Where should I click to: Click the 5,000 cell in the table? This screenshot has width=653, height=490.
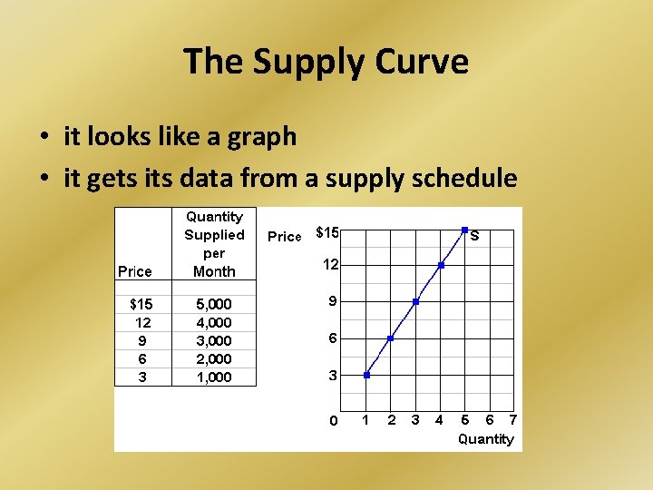tap(214, 304)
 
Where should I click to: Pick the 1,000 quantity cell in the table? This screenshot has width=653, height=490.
tap(214, 377)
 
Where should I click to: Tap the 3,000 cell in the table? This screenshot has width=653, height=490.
tap(214, 341)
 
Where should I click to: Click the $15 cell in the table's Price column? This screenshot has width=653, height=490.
tap(141, 304)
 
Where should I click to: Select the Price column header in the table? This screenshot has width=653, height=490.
tap(135, 271)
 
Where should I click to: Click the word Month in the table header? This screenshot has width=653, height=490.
tap(214, 271)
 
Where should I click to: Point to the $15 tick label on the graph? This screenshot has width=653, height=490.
tap(327, 232)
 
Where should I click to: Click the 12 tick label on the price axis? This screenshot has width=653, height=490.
tap(332, 264)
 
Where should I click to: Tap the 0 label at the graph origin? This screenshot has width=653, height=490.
tap(333, 420)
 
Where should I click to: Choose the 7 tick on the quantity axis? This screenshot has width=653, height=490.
tap(512, 419)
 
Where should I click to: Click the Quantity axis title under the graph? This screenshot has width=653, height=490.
tap(485, 439)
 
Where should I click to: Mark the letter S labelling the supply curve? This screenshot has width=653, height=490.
tap(474, 236)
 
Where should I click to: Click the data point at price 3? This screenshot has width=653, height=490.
tap(366, 375)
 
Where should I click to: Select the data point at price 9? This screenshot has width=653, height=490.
tap(415, 301)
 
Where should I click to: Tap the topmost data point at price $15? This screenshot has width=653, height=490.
tap(464, 230)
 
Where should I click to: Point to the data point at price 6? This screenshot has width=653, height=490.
tap(391, 338)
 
